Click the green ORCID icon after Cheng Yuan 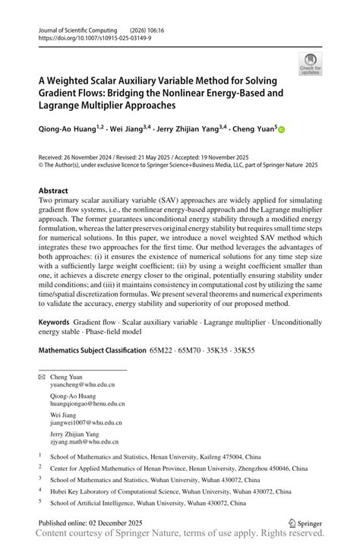coord(280,130)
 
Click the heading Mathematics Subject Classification coord(91,351)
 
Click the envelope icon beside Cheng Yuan coord(42,377)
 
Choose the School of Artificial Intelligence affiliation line coord(147,503)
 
